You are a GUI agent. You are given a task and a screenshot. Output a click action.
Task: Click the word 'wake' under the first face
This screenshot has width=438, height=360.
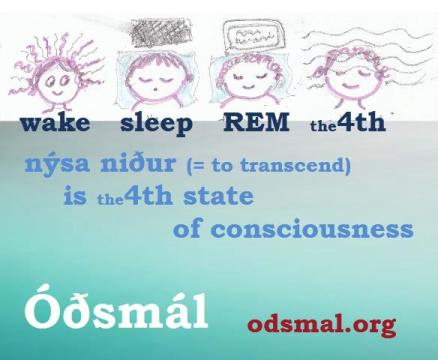[x=54, y=125]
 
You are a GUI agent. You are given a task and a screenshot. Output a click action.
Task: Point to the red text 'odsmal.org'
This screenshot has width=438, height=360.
[x=321, y=324]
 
